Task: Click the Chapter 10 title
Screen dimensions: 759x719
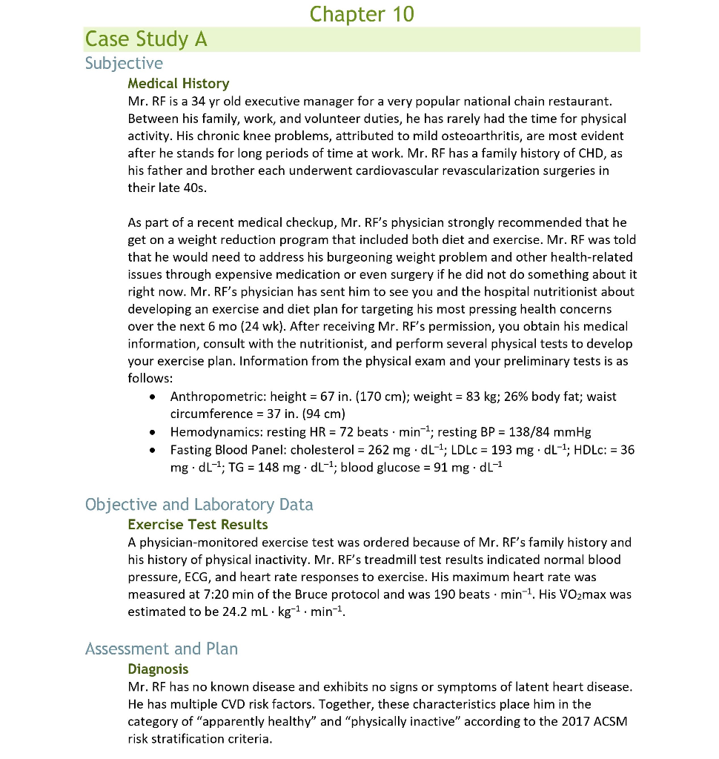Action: (362, 14)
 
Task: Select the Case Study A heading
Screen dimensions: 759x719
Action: (146, 39)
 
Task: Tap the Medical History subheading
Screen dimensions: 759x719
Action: (178, 84)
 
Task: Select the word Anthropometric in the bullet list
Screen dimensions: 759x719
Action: (217, 397)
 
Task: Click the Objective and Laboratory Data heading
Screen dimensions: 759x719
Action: (199, 505)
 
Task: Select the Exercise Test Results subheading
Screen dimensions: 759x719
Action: (197, 525)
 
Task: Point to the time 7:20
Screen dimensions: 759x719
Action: (211, 594)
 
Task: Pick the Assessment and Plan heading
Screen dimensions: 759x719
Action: (161, 649)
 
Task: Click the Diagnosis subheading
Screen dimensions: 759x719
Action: (158, 669)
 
